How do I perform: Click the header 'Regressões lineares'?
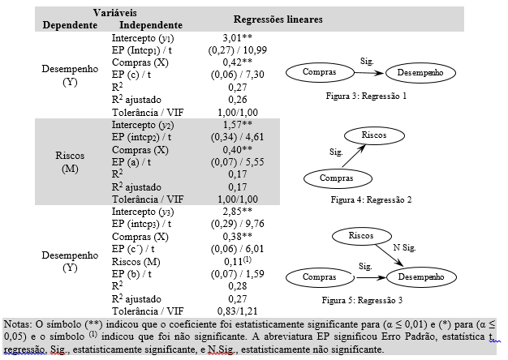click(x=278, y=19)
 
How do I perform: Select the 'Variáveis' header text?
click(x=114, y=14)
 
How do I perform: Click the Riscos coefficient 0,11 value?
click(x=235, y=263)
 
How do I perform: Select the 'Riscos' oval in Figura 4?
click(x=373, y=135)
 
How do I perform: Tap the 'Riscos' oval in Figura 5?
click(x=360, y=236)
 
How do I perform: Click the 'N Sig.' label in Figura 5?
click(x=407, y=246)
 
